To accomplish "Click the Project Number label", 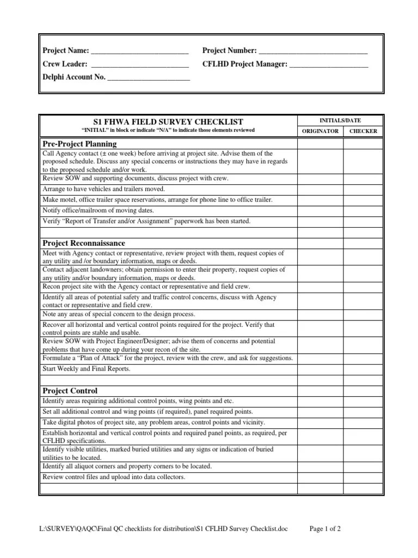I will [229, 51].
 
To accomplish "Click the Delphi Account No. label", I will [74, 77].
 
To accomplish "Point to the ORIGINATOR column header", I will [320, 131].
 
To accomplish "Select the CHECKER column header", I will [363, 131].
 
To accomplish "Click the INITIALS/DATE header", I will [341, 120].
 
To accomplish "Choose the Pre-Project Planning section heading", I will [79, 144].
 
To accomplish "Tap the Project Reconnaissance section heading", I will [83, 242].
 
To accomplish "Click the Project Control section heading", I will [70, 390].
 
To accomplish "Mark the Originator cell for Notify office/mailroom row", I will [320, 210].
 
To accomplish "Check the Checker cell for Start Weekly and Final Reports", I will [363, 368].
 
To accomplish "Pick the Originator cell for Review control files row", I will [320, 477].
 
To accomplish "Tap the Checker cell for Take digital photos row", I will [363, 422].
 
